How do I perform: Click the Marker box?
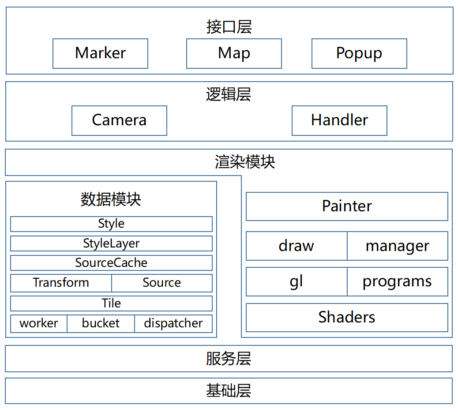point(100,53)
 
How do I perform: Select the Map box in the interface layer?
point(234,53)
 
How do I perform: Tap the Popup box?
point(359,53)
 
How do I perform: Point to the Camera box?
point(119,120)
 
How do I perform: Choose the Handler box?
point(339,120)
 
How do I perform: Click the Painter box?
point(347,206)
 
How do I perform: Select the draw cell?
point(297,246)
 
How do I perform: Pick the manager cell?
point(398,246)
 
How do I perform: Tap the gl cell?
point(297,281)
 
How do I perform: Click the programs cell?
point(398,281)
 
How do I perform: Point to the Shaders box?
point(347,317)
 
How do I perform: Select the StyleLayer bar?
point(111,243)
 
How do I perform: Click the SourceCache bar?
point(111,263)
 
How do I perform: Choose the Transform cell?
point(61,283)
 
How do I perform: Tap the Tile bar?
point(111,303)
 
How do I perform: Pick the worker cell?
point(39,323)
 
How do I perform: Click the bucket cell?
point(101,323)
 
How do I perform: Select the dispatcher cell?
point(173,323)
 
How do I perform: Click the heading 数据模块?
point(111,199)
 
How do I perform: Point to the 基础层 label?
point(229,391)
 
